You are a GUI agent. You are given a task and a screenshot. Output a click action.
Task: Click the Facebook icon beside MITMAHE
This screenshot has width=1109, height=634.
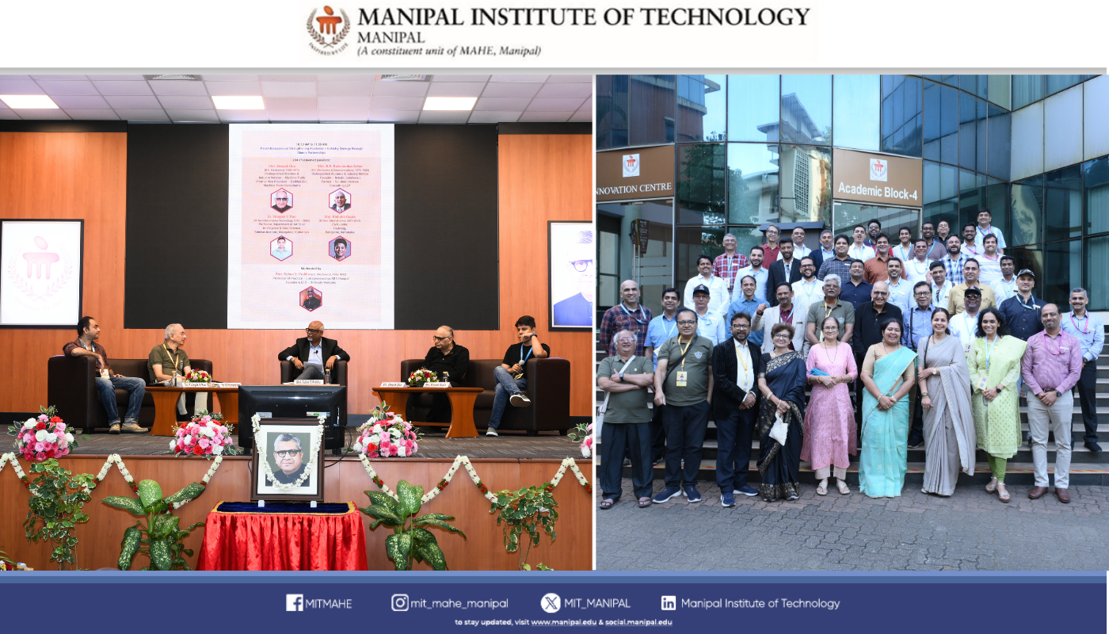pos(295,603)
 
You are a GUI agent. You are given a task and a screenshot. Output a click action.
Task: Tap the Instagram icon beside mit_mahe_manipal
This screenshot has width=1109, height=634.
pos(400,603)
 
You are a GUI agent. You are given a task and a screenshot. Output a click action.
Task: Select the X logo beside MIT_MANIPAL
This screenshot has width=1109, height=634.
pos(551,603)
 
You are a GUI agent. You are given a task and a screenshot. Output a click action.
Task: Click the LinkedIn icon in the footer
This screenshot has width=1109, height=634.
pos(669,603)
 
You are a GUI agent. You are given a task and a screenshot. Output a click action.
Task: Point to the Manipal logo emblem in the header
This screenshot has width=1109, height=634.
pos(328,29)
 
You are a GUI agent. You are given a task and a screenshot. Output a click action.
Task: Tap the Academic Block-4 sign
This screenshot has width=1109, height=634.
pos(877,181)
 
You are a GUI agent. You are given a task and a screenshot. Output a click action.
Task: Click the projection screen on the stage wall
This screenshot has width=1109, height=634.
pos(311,226)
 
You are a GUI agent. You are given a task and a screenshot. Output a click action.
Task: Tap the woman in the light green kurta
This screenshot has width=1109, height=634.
pos(995,400)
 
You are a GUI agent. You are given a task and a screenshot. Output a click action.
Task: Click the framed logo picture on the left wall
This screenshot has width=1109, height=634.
pos(40,273)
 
